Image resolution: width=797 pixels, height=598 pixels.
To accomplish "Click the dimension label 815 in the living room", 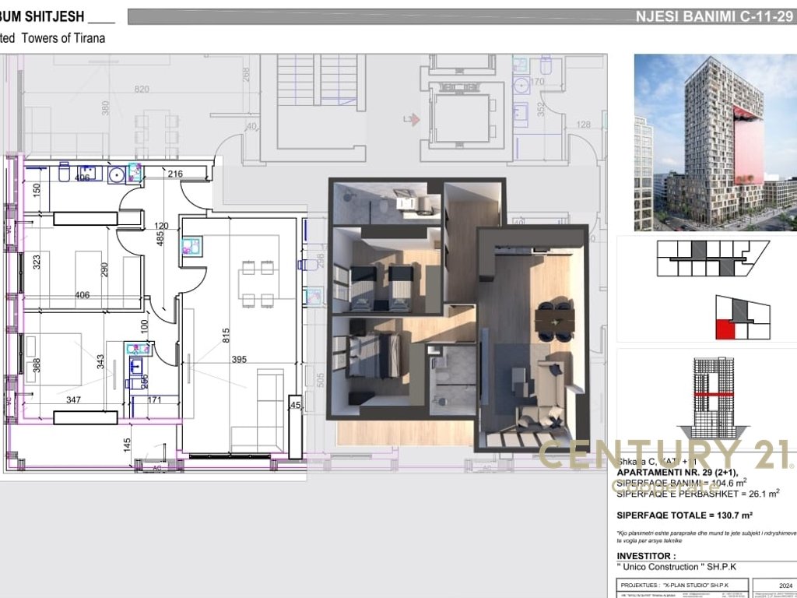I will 226,336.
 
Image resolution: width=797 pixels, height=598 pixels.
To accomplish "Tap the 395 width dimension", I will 238,360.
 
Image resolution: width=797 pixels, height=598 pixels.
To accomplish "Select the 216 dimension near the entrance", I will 174,174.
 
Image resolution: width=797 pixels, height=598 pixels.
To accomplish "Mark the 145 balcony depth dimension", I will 126,445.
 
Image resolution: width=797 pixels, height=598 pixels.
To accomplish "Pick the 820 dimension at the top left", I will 141,90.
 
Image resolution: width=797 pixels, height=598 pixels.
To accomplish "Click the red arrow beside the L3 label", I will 416,119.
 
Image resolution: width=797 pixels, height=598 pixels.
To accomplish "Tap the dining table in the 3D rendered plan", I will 554,318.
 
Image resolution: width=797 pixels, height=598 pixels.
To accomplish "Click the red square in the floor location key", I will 725,330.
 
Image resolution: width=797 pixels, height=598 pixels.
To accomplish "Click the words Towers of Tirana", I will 64,37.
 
